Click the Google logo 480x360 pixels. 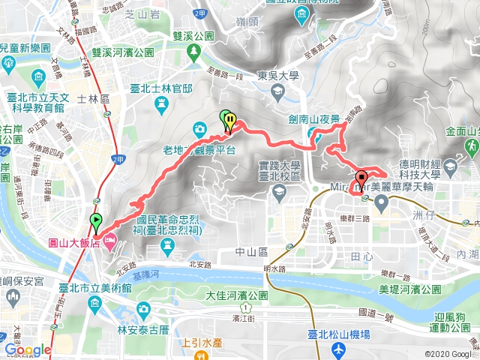[x=28, y=349]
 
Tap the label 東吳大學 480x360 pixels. [x=277, y=75]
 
